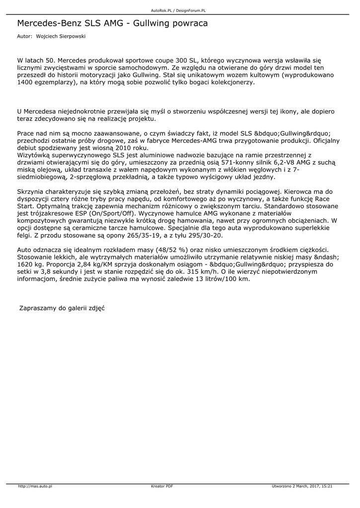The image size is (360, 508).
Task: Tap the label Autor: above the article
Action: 24,37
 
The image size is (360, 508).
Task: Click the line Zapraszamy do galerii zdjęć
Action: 62,308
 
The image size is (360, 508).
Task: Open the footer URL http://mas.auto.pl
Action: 35,486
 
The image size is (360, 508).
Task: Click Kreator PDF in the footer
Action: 162,486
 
